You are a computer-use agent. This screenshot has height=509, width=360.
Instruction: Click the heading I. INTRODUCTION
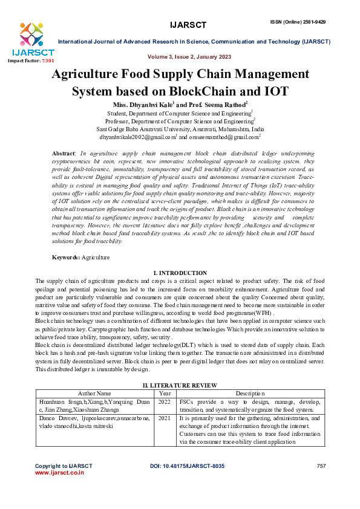point(180,273)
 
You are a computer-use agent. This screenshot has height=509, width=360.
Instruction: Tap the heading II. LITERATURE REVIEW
point(180,385)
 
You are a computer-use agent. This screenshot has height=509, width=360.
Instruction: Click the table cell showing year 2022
point(165,401)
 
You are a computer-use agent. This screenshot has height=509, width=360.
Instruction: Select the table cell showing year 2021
point(165,418)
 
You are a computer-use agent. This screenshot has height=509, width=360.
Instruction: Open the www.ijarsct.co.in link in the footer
point(59,473)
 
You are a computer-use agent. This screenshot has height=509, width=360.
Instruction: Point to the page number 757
point(321,466)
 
